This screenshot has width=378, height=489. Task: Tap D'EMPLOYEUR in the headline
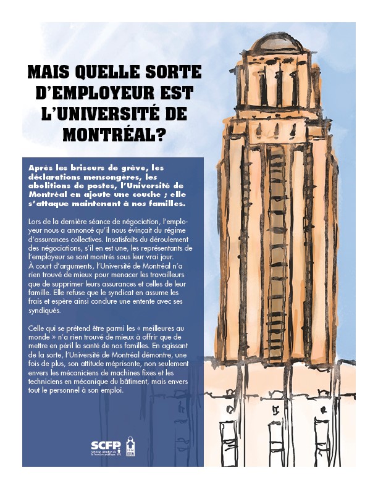(90, 94)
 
